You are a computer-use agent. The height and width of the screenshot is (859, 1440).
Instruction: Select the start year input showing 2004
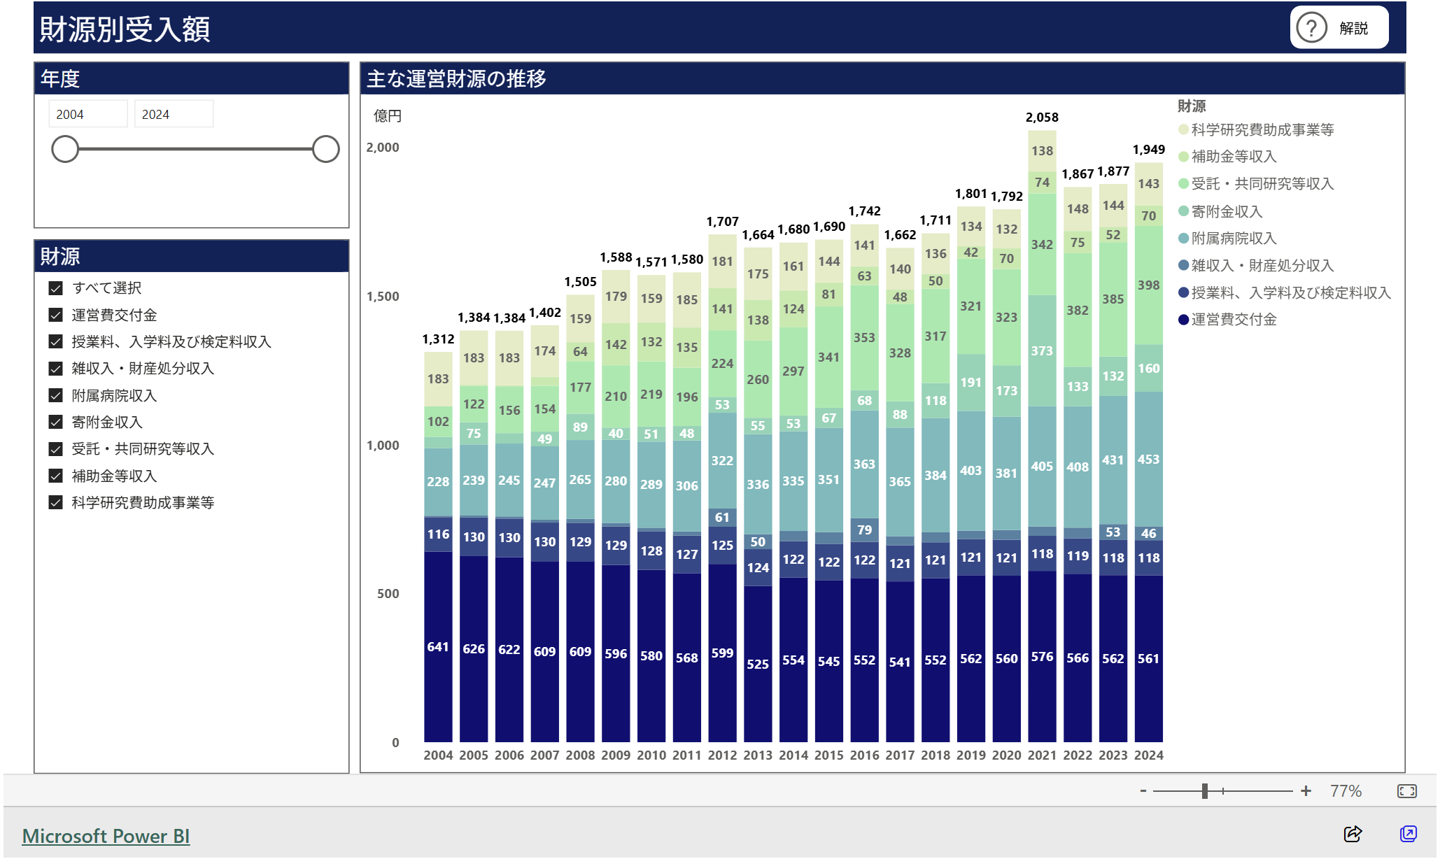(x=87, y=114)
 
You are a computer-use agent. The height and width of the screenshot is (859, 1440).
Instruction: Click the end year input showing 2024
(x=173, y=114)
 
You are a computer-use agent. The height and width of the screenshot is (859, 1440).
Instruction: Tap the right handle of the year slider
(x=325, y=149)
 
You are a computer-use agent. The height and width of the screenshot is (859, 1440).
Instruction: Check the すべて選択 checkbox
(x=56, y=288)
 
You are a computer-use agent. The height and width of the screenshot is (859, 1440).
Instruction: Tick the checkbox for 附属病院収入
(x=56, y=395)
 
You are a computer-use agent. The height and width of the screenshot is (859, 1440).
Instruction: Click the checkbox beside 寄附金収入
(x=56, y=422)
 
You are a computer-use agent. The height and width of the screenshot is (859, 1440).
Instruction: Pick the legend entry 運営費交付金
(x=1233, y=320)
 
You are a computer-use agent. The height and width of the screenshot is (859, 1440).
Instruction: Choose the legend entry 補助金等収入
(x=1233, y=157)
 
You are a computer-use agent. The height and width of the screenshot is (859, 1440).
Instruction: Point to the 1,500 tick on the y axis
(x=383, y=297)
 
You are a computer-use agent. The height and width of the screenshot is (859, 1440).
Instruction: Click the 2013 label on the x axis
(x=757, y=755)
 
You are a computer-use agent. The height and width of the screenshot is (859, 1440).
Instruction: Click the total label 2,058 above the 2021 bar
(x=1042, y=118)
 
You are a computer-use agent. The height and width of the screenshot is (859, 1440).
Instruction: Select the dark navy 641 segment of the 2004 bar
(x=438, y=646)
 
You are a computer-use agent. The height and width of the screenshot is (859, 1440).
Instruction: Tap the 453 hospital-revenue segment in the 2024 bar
(x=1148, y=460)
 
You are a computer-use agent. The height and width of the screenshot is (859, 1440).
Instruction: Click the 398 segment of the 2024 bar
(x=1148, y=285)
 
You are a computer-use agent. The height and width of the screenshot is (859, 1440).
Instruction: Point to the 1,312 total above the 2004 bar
(x=438, y=339)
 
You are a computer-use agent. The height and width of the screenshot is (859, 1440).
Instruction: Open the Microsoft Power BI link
(x=106, y=836)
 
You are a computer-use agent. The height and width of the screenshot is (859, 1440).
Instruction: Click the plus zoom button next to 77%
(x=1306, y=791)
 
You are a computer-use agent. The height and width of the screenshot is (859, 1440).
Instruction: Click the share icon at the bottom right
(x=1353, y=834)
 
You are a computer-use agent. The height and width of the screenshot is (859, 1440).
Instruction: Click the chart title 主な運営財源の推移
(x=456, y=79)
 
